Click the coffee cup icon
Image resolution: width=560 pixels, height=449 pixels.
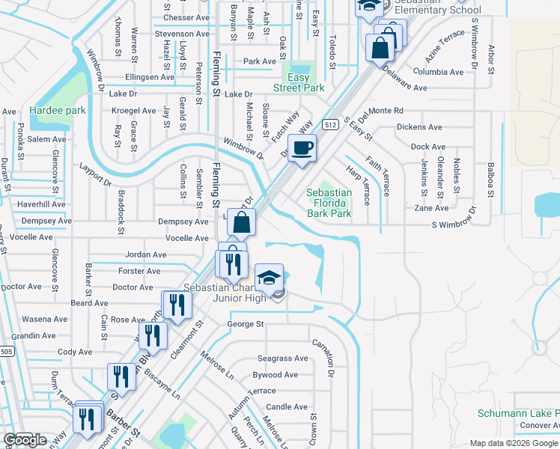coord(302,148)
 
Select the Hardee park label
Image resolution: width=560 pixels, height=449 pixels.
coord(58,111)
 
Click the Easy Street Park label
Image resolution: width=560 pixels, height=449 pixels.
coord(305,82)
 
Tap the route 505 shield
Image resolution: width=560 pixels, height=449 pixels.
coord(5,351)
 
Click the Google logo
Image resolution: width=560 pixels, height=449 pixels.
coord(24,440)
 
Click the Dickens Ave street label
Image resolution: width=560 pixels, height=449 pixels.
coord(420,127)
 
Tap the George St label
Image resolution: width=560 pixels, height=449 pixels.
coord(246,324)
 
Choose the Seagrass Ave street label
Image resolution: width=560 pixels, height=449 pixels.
coord(282,358)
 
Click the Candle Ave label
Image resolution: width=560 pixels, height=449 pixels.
coord(287,407)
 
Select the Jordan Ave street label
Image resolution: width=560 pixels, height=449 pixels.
coord(146,254)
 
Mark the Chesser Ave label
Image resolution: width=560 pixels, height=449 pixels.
coord(186,17)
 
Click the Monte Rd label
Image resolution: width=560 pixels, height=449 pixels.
coord(386,110)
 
